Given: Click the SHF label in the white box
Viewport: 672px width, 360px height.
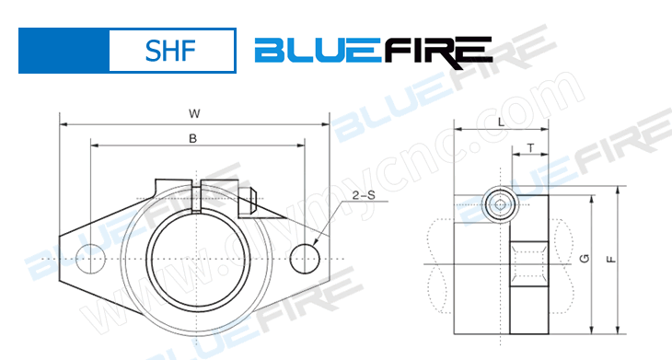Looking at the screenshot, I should pos(171,50).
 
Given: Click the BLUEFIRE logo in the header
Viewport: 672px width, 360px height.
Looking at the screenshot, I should pos(373,51).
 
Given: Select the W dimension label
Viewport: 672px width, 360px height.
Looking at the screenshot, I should pos(194,113).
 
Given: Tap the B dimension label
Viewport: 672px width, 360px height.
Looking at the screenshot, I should pos(192,138).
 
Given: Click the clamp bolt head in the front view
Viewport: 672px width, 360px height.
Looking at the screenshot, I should pos(249,194).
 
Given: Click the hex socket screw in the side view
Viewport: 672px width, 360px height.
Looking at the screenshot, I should pos(499,204).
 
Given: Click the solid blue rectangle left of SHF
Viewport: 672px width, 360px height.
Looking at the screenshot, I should pos(64,50).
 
